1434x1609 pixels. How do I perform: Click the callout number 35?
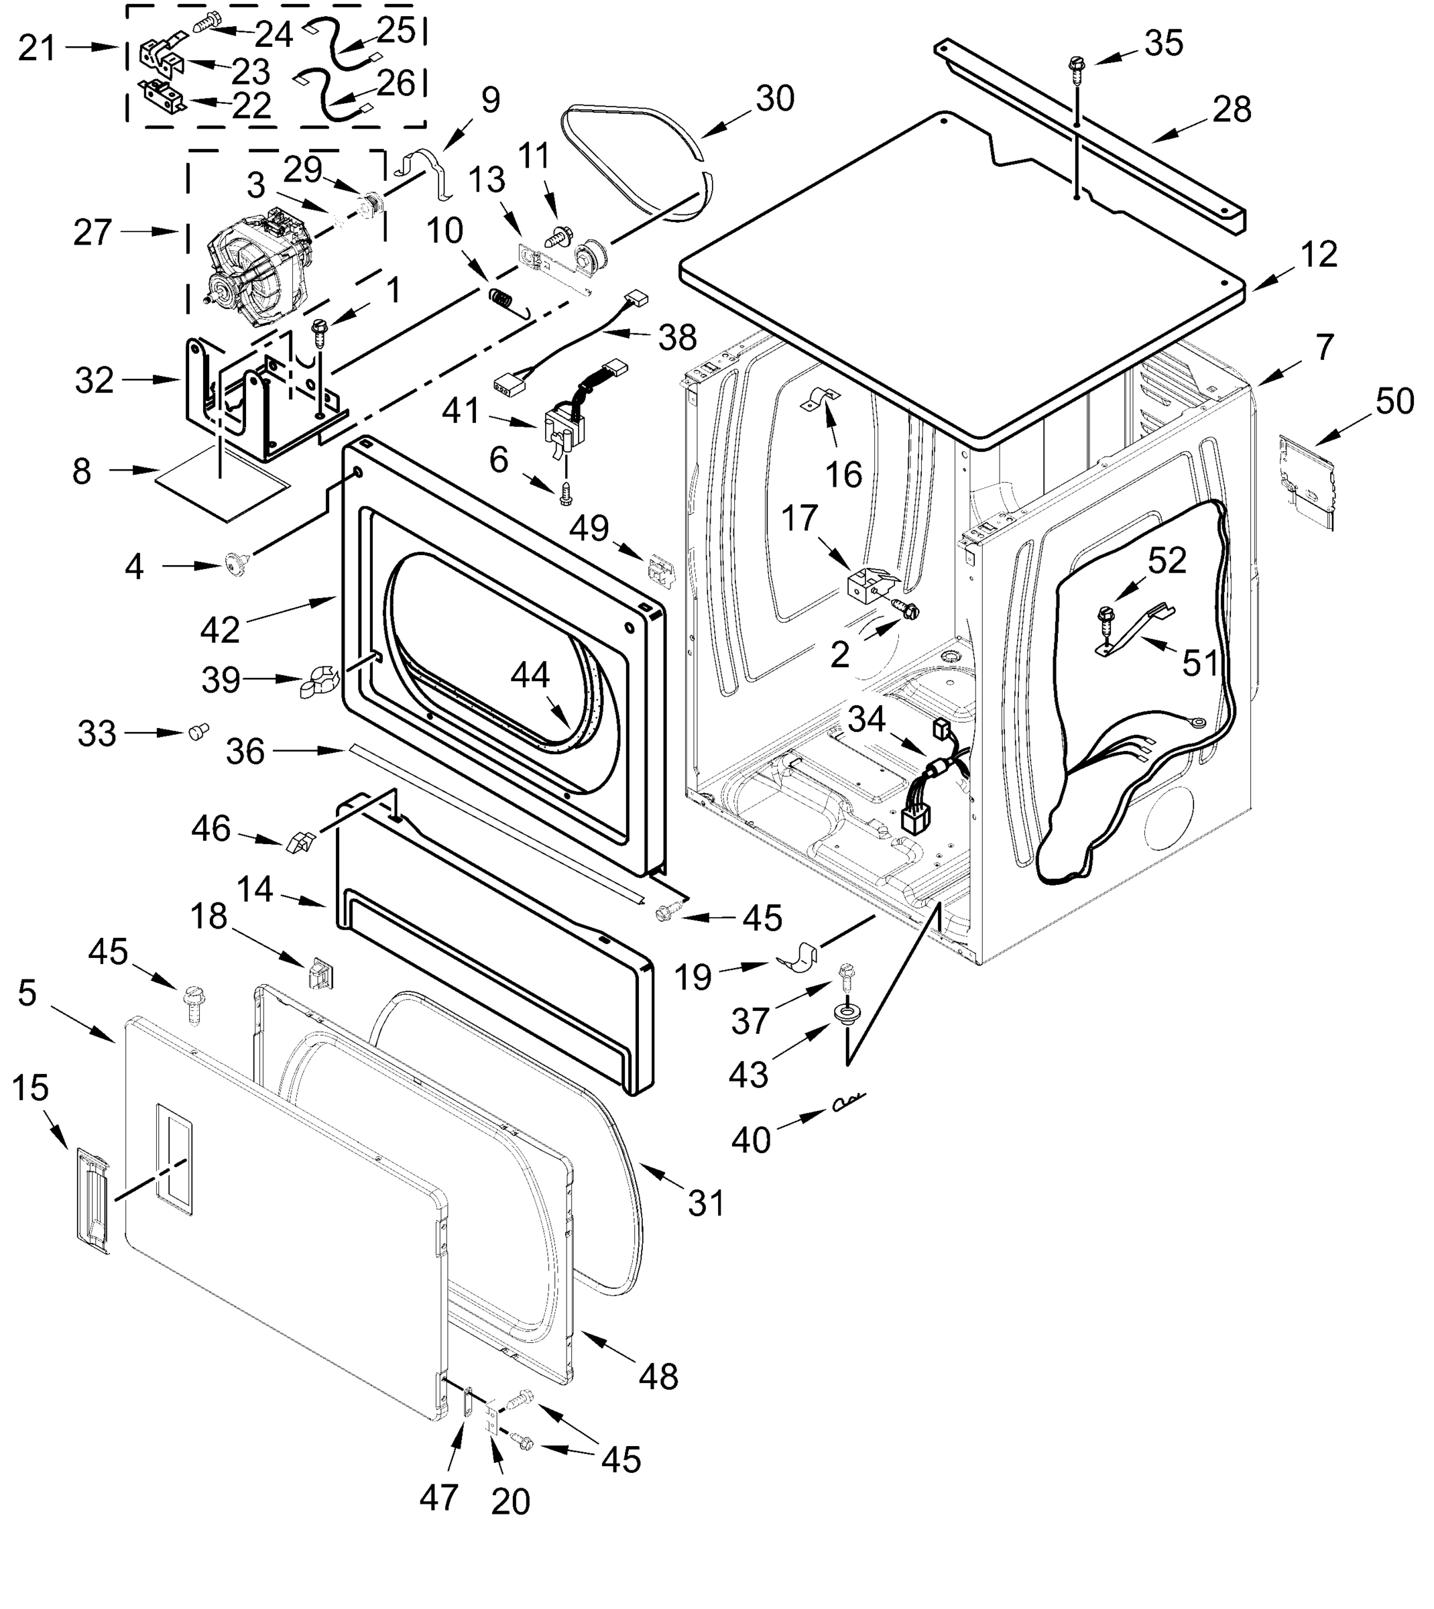coord(1163,44)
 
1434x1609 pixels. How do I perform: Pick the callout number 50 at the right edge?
coord(1394,402)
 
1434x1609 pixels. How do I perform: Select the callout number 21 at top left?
coord(37,48)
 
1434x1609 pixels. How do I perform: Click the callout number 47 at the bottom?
coord(438,1497)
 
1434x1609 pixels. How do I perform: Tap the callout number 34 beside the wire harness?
coord(867,719)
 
